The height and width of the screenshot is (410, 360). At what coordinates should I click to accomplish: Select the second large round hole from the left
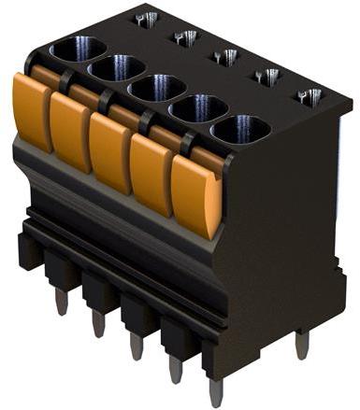click(116, 68)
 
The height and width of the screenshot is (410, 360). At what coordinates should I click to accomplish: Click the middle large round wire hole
click(155, 89)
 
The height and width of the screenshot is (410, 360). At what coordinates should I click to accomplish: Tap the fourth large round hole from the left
click(196, 108)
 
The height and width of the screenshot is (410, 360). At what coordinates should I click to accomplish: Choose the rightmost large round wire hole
click(240, 129)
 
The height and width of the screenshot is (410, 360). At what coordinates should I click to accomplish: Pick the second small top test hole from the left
click(185, 37)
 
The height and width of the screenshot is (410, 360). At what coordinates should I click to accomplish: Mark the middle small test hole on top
click(225, 57)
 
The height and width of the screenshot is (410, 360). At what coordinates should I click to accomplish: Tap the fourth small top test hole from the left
click(266, 77)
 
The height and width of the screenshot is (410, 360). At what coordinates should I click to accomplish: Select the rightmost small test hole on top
click(309, 96)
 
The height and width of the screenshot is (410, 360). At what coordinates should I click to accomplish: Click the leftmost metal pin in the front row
click(61, 301)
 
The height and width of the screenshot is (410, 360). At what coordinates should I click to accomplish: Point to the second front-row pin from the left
click(98, 322)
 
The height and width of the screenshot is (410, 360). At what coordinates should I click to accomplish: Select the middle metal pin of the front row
click(137, 345)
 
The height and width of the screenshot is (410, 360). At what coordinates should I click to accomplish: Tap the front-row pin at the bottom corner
click(215, 389)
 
